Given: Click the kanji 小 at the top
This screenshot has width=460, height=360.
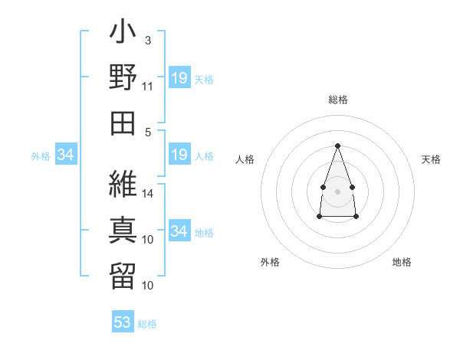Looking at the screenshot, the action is coord(123,31).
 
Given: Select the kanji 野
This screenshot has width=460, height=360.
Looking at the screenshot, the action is coord(123,77).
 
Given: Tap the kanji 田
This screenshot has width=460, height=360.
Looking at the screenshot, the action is coord(123,123).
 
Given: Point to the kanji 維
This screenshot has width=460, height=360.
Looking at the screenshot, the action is coord(123,184).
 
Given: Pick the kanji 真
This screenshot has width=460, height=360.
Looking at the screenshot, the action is coord(123,230).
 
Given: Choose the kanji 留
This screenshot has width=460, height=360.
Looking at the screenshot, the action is coord(123,276).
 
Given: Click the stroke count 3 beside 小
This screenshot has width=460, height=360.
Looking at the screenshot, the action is coord(148,41).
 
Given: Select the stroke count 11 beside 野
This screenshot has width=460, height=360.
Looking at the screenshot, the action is coord(147,87).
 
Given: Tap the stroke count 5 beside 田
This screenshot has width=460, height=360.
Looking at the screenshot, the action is coord(148,133).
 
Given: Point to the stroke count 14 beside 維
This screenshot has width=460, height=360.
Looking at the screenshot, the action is coord(147,194).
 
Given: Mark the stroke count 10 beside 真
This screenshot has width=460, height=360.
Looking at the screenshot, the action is coord(147,240).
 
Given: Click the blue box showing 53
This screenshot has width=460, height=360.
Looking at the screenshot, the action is coord(123,321).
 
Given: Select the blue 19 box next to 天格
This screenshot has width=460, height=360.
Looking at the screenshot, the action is coord(179,77).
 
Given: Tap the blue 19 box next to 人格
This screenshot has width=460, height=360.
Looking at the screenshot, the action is coord(179,154).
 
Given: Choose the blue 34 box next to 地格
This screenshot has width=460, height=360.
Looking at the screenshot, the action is coord(179,230).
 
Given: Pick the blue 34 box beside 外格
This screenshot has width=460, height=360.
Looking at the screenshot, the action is coord(66,154).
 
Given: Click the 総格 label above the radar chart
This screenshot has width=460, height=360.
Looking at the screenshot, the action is coord(338,100).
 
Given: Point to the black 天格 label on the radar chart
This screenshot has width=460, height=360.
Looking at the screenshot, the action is coord(431,159).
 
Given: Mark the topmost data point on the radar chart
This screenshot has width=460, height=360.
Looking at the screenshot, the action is coord(337,146).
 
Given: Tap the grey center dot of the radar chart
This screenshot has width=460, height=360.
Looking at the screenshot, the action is coord(337,191).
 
